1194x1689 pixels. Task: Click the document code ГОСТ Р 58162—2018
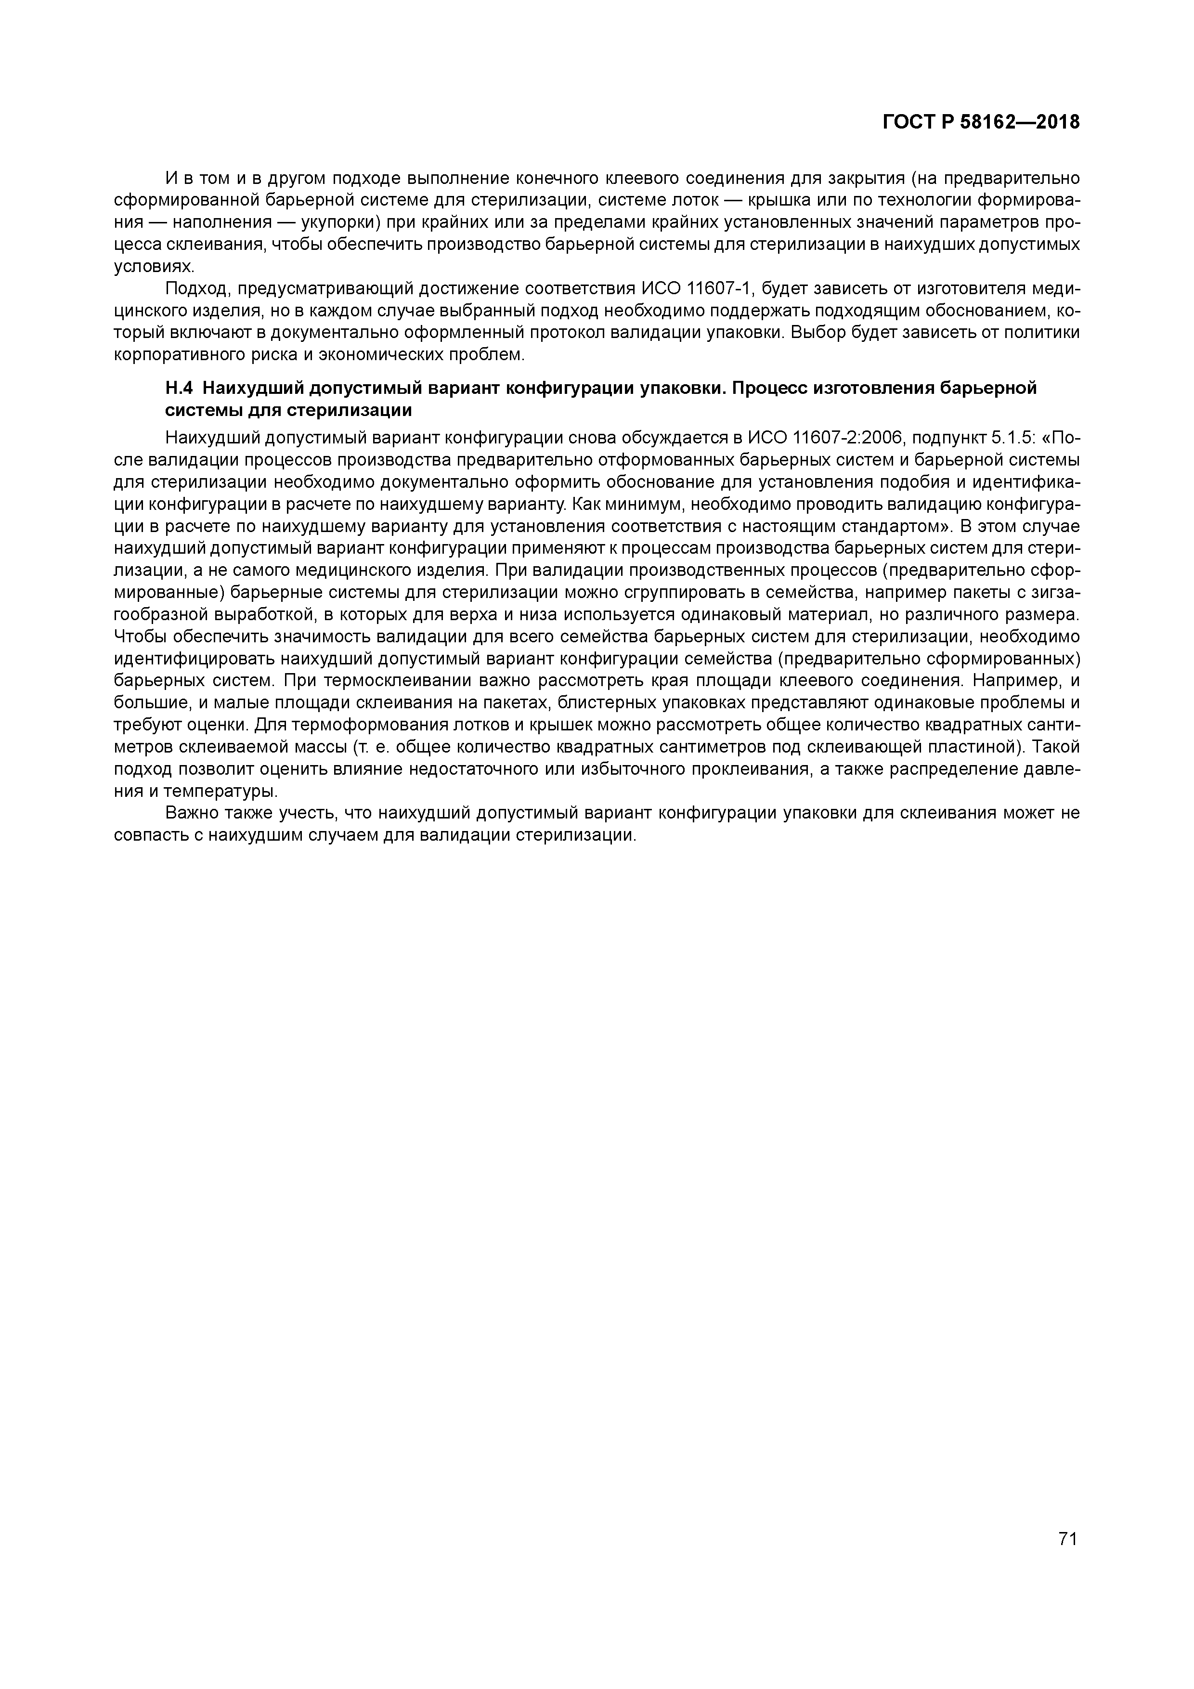click(x=981, y=122)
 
